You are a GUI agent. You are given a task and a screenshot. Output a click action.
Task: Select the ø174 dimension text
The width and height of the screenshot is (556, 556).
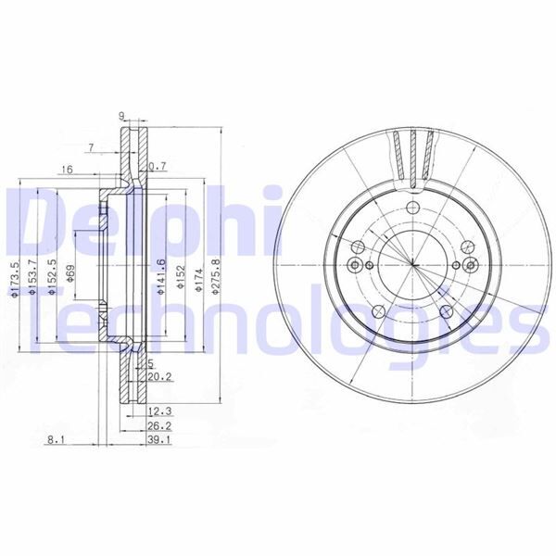tap(197, 280)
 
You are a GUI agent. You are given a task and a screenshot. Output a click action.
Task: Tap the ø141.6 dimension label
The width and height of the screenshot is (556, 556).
tap(161, 276)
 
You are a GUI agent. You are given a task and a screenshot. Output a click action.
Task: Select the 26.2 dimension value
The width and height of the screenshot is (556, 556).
tap(158, 427)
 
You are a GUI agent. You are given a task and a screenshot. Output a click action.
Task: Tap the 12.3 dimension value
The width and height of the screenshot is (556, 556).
tap(158, 411)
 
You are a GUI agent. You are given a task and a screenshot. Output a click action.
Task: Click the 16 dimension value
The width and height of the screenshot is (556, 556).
tap(67, 169)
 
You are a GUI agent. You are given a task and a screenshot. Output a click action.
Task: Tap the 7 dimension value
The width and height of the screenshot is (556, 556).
tap(91, 147)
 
